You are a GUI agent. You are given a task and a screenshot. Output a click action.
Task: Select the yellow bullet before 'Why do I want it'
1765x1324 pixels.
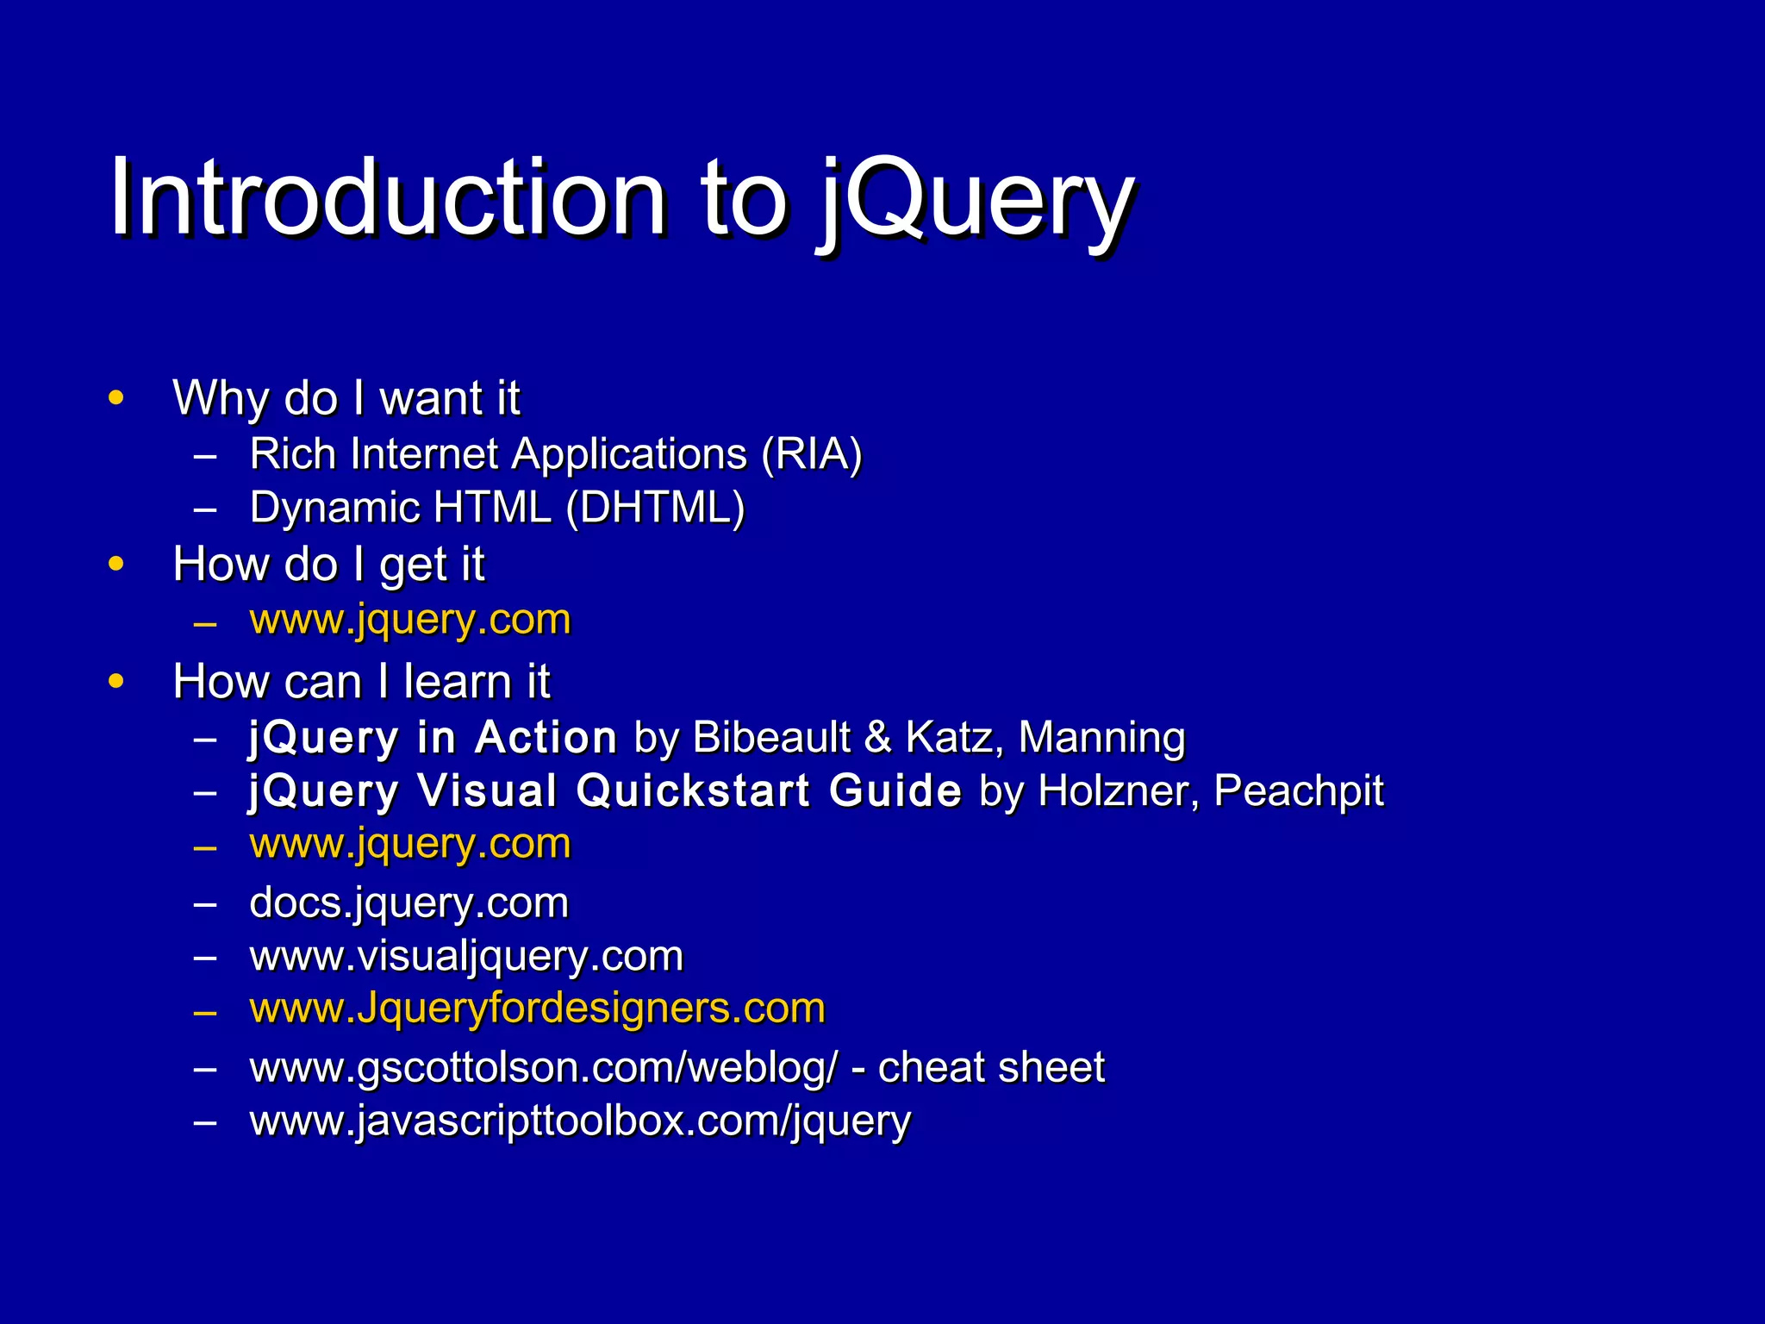point(116,398)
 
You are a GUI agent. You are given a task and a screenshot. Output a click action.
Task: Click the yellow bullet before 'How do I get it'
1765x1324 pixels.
point(116,565)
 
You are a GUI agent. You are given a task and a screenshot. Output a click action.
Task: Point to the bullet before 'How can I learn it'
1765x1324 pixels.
point(116,682)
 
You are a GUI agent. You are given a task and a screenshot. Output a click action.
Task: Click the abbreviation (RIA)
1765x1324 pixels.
point(810,454)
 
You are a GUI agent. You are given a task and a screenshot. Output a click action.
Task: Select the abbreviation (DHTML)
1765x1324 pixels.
point(655,508)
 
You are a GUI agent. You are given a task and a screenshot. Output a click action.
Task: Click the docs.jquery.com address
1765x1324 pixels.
point(409,903)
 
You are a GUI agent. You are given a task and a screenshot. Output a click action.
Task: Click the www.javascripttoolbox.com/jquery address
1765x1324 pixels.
point(580,1121)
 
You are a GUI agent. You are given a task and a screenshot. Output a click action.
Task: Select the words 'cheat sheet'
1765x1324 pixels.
point(991,1068)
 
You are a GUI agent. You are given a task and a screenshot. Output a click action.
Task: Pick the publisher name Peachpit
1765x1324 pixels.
point(1298,791)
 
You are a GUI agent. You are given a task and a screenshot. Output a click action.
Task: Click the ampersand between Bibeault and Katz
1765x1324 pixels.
point(877,738)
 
